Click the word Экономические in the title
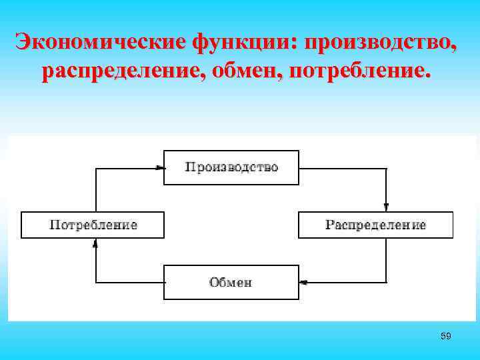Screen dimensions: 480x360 [101, 43]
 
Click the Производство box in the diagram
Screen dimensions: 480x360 [231, 167]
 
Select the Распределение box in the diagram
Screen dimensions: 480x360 [375, 225]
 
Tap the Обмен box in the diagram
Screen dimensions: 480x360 [231, 282]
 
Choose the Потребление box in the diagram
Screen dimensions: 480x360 [93, 225]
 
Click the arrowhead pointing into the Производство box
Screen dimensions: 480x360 [160, 167]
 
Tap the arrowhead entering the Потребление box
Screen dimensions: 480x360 [95, 242]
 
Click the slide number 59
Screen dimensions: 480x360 [446, 336]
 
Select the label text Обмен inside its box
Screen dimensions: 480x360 [231, 282]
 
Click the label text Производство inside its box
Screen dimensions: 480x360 [231, 167]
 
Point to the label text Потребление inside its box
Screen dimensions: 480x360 [93, 225]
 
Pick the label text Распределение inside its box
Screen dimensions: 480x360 [375, 225]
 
